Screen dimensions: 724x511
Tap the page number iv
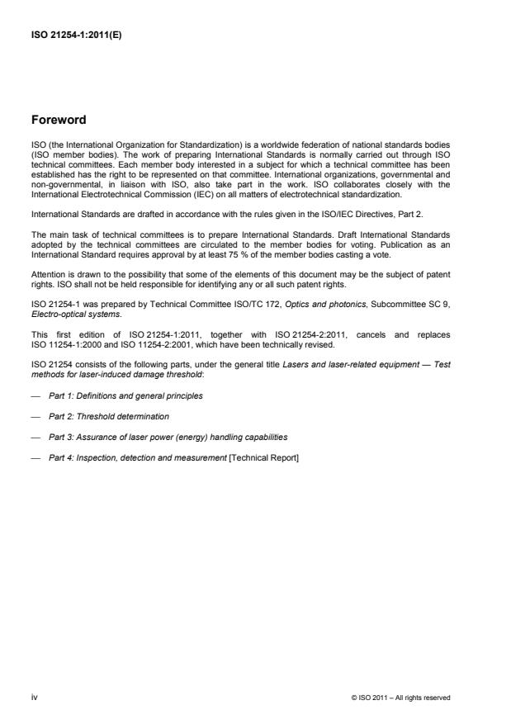tap(35, 697)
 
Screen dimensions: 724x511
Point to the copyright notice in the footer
tap(400, 698)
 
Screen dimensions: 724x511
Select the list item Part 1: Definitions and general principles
tap(125, 395)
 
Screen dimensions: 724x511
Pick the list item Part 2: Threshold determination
tap(109, 416)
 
